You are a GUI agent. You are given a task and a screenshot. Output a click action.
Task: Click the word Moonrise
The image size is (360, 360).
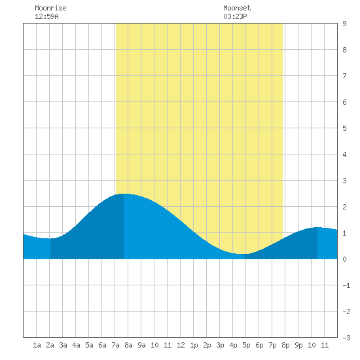(x=50, y=8)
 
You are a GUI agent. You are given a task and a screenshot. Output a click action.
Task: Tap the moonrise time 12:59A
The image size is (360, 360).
(x=46, y=16)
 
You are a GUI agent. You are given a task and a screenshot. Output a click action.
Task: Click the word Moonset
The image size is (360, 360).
(x=237, y=8)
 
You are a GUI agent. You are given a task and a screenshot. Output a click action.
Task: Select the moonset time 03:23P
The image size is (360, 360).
(x=235, y=16)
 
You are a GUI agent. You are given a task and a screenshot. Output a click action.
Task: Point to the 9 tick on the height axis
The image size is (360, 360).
(x=344, y=24)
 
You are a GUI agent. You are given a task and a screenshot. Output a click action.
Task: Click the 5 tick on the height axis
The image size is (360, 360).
(x=344, y=128)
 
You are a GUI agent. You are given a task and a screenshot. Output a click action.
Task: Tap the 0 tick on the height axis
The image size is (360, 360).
(x=344, y=259)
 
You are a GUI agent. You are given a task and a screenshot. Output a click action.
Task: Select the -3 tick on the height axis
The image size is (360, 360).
(x=346, y=338)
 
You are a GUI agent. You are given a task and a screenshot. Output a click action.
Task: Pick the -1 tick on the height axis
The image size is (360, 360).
(x=346, y=285)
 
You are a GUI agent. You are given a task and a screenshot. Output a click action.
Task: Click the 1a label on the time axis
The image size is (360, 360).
(x=37, y=345)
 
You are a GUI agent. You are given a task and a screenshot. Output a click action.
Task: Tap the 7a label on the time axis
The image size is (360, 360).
(x=115, y=345)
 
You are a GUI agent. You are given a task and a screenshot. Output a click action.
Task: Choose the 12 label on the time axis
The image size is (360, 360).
(x=181, y=345)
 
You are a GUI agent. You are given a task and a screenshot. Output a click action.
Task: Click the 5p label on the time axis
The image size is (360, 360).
(x=246, y=345)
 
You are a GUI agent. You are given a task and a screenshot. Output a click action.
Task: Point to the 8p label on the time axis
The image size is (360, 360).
(x=285, y=345)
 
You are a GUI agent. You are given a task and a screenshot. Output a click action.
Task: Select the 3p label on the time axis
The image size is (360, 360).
(x=220, y=345)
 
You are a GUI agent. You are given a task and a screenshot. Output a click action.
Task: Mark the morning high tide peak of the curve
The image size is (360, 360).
(x=124, y=194)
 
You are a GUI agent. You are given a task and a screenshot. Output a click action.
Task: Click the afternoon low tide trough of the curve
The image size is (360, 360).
(x=244, y=254)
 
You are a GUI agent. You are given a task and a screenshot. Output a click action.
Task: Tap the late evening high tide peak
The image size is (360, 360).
(x=317, y=227)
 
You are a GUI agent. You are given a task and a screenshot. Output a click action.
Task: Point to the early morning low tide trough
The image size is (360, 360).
(x=50, y=238)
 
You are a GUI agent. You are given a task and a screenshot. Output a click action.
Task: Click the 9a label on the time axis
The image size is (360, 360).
(x=141, y=345)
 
